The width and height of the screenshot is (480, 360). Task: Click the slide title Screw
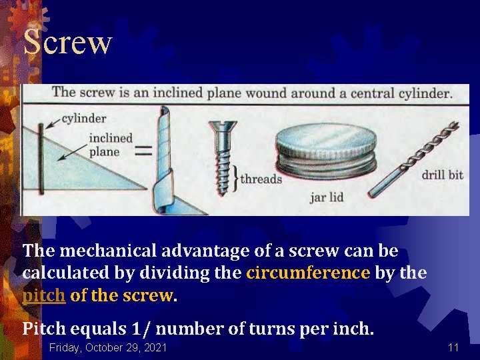click(67, 42)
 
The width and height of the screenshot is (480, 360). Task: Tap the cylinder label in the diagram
click(84, 119)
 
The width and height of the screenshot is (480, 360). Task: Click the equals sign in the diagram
click(143, 151)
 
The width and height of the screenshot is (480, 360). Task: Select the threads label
click(261, 179)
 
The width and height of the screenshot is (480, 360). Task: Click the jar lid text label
click(327, 197)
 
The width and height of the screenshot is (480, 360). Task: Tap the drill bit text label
click(442, 175)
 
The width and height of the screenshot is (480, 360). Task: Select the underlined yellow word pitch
click(44, 295)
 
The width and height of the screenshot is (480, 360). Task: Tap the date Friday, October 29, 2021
click(108, 347)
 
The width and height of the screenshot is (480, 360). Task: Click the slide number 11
click(453, 347)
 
